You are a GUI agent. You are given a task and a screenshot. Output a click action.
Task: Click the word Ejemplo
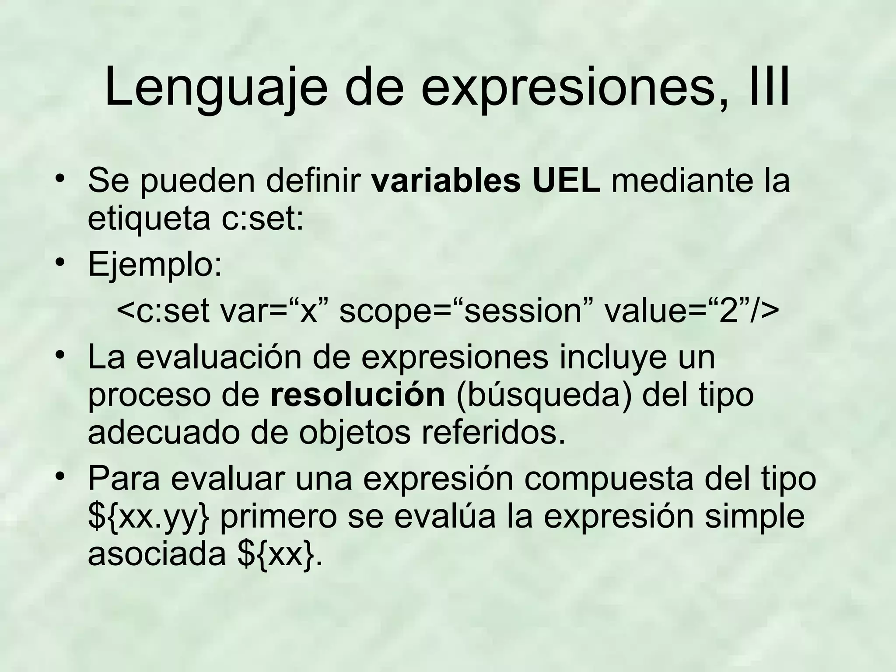(154, 265)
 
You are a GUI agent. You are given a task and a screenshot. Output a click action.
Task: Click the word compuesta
(609, 479)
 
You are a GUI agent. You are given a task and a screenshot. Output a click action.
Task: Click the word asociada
(157, 554)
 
